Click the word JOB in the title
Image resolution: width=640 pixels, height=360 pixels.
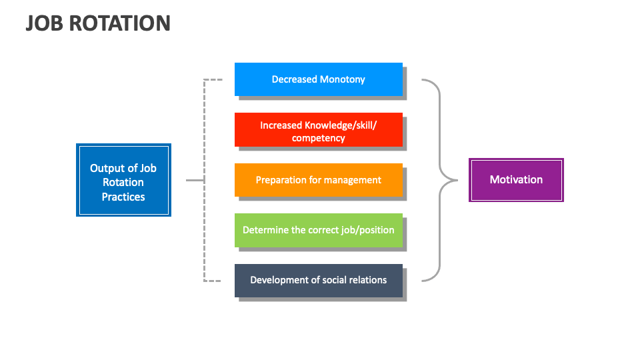(x=45, y=23)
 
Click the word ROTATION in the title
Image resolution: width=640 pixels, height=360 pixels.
(x=120, y=23)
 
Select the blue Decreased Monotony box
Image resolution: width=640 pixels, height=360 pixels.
(x=319, y=79)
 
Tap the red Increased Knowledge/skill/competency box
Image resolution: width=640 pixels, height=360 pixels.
(x=319, y=130)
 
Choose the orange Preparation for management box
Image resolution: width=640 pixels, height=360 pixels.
(x=319, y=180)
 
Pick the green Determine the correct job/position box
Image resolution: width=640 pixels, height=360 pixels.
(x=319, y=230)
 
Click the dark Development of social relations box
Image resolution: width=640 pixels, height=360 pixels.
(x=319, y=281)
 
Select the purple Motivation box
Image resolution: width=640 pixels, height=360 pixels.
(x=516, y=180)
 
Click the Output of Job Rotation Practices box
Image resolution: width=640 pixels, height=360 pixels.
(x=124, y=180)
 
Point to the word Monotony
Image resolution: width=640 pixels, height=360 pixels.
(x=343, y=79)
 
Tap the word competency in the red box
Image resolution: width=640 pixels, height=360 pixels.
(x=319, y=139)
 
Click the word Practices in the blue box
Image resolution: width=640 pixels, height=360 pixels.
(x=123, y=197)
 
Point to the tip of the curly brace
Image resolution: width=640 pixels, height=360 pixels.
(x=457, y=180)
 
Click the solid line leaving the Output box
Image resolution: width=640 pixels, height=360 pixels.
(x=195, y=180)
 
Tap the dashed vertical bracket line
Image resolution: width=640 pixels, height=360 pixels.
(x=204, y=180)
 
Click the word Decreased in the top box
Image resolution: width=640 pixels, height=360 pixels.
(x=294, y=79)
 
